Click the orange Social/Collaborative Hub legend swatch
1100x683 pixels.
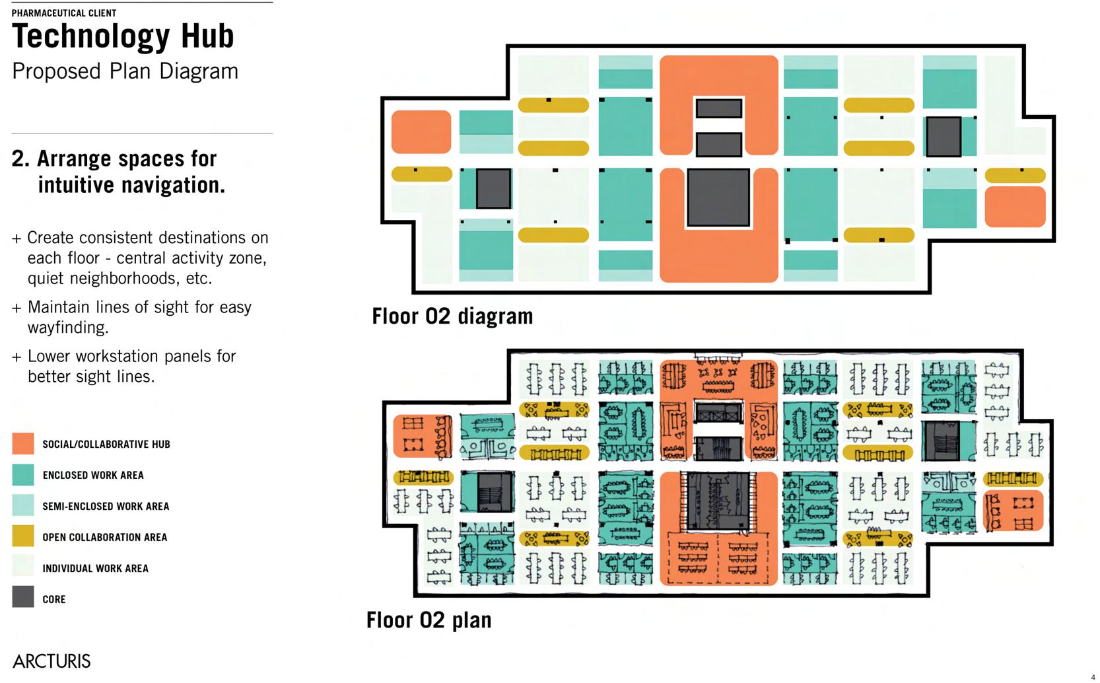[x=23, y=444]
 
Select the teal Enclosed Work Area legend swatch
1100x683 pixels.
[x=23, y=475]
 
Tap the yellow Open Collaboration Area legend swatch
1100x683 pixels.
[x=23, y=536]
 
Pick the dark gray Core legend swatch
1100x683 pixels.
[x=23, y=596]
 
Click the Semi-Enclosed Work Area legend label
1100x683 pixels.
[x=106, y=507]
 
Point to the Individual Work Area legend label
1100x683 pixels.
[x=95, y=569]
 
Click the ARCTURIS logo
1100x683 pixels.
[x=52, y=661]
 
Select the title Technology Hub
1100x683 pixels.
[x=123, y=36]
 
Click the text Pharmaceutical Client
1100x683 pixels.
[x=64, y=13]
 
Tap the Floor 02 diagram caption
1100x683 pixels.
[x=452, y=316]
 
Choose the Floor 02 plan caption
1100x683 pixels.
[x=429, y=620]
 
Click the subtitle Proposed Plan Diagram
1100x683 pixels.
[x=125, y=71]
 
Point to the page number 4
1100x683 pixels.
[x=1093, y=677]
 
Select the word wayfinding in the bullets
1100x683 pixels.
[x=68, y=328]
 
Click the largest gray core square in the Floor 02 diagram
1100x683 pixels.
[x=718, y=198]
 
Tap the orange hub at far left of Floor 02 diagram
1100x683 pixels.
[x=421, y=132]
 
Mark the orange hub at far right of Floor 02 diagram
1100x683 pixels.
[x=1015, y=207]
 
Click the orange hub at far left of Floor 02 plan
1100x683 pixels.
[x=423, y=436]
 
